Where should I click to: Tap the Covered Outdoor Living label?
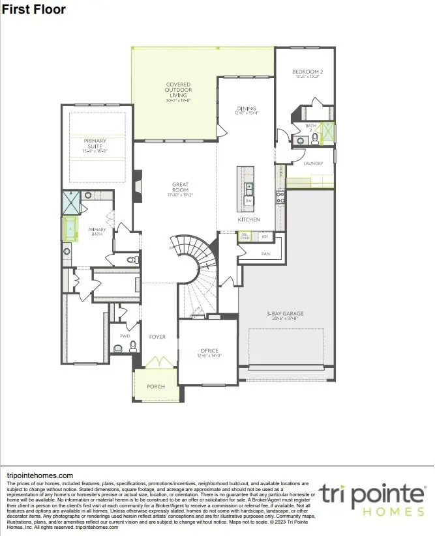[178, 90]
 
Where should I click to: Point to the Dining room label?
[247, 108]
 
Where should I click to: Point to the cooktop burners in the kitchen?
[280, 197]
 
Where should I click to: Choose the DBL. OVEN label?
[245, 237]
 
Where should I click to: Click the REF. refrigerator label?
[265, 237]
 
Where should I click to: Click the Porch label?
[156, 386]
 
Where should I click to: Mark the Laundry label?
[313, 163]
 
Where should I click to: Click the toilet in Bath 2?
[315, 139]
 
